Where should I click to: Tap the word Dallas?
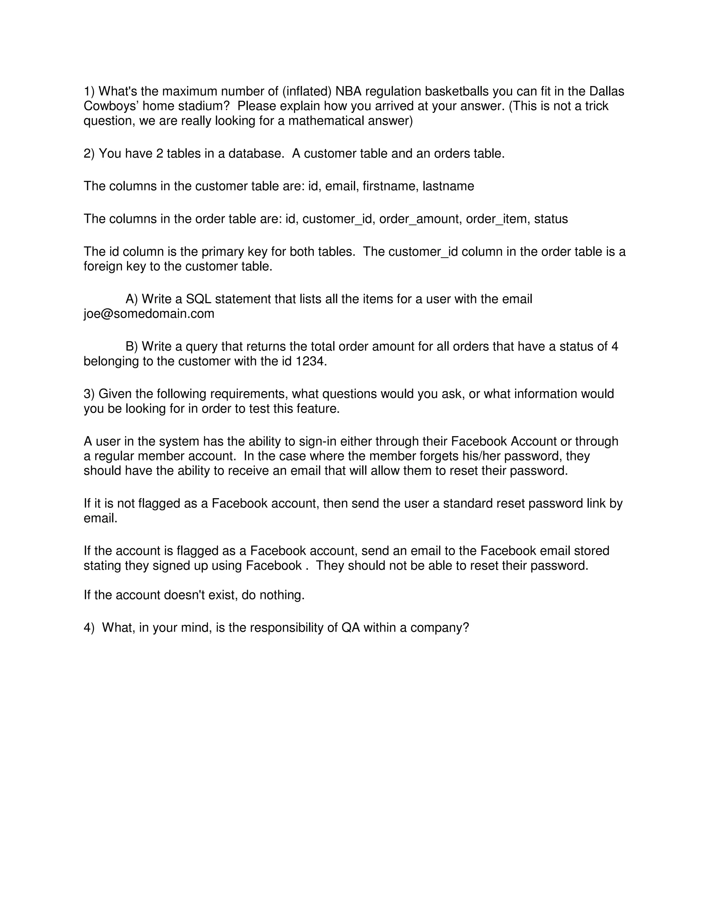point(606,91)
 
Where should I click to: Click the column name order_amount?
point(419,219)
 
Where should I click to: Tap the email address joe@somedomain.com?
point(149,314)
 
